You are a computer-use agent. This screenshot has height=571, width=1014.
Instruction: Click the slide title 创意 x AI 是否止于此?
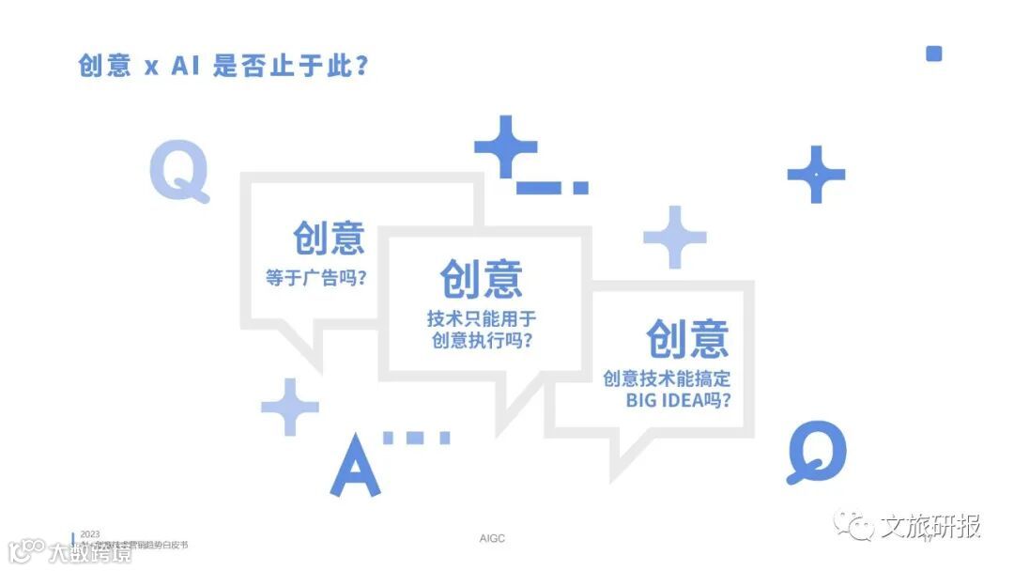point(223,66)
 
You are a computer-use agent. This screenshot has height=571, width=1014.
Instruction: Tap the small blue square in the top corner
point(933,54)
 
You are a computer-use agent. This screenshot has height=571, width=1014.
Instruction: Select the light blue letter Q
point(178,170)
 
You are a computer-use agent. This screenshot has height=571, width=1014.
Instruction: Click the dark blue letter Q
point(816,451)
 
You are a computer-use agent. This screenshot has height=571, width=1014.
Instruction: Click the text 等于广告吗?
point(315,279)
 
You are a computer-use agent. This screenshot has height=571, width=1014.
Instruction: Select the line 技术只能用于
point(482,319)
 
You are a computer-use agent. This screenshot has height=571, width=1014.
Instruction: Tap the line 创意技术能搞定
point(667,378)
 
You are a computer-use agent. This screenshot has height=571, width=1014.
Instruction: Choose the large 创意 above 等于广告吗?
point(328,238)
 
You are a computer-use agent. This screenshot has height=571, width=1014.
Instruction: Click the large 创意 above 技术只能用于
point(482,278)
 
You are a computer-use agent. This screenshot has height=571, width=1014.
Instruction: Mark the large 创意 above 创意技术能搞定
point(686,338)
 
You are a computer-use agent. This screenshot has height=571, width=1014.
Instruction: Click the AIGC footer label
point(492,539)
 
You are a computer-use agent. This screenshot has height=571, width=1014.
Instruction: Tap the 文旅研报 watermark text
point(930,527)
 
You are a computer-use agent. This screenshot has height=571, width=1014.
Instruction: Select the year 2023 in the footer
point(90,533)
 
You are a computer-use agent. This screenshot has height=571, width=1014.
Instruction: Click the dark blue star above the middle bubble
point(505,146)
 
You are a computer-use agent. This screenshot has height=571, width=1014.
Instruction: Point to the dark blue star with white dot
point(816,174)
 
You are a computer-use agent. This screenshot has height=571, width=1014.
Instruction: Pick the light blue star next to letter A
point(290,407)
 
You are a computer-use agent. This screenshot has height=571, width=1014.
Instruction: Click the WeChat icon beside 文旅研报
point(854,527)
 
